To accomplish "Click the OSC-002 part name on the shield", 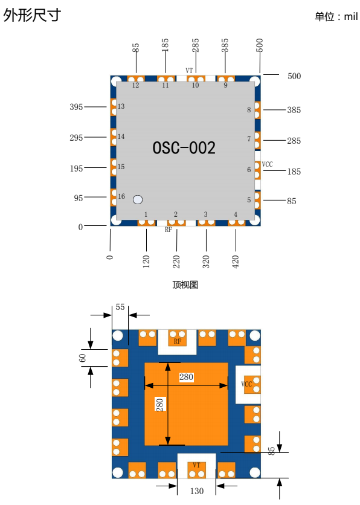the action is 184,148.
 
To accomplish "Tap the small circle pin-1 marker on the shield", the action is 138,200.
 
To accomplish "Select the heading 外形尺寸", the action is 32,15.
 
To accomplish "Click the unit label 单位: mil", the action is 336,16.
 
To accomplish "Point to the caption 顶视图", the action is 185,285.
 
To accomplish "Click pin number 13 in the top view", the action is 121,106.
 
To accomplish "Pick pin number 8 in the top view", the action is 249,110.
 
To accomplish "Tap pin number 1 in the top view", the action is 146,214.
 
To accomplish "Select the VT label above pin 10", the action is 189,70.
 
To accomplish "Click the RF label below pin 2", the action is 169,230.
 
